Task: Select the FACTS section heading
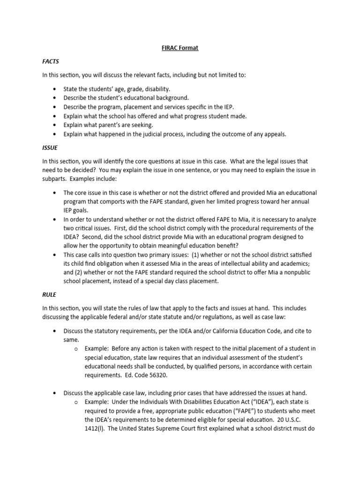(51, 61)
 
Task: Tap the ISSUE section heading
(50, 148)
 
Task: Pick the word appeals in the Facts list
(272, 134)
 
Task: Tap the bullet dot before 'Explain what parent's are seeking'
(55, 125)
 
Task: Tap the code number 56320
(159, 375)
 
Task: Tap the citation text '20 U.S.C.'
(295, 420)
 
